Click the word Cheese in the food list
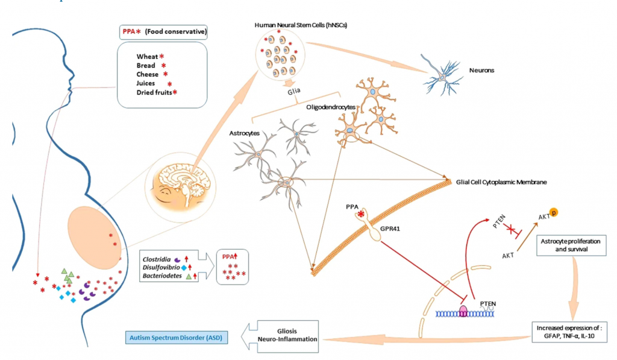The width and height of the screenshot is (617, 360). pos(148,74)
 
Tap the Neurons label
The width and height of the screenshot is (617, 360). pos(483,70)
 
